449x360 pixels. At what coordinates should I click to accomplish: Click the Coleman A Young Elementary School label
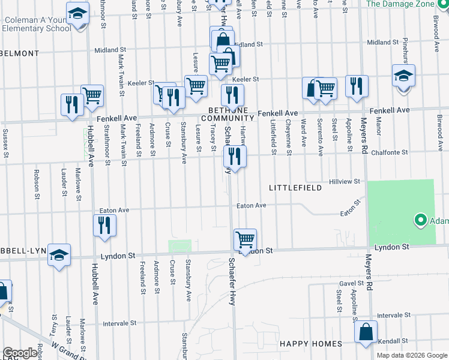point(37,23)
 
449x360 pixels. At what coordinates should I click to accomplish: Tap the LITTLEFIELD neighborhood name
point(295,188)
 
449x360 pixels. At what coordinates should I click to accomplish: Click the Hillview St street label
point(344,181)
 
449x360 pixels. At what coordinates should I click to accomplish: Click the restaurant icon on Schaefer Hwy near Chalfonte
point(235,158)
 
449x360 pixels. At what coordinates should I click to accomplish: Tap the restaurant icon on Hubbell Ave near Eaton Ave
point(105,226)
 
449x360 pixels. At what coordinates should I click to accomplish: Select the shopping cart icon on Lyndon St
point(245,240)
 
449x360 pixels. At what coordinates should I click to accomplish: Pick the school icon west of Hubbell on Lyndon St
point(60,256)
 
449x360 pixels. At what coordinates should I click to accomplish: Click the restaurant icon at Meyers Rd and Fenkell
point(357,86)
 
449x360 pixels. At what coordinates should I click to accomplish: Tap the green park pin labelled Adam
point(420,221)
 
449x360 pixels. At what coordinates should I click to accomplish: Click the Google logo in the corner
point(20,353)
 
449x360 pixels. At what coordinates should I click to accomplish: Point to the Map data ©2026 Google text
point(412,355)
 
